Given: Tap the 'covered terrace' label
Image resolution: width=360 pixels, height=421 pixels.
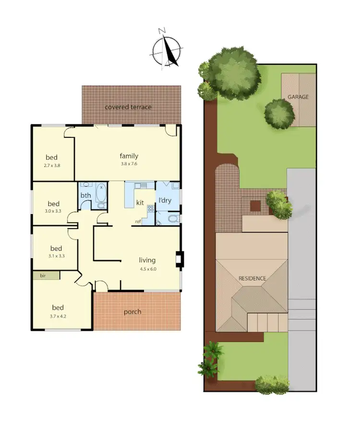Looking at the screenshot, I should [x=128, y=107].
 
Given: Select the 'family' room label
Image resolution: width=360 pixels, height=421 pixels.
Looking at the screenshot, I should [x=129, y=156].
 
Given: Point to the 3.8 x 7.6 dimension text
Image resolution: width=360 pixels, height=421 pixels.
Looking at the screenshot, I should [x=129, y=164].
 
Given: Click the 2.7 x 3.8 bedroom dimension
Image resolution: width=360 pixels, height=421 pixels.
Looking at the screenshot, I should [x=52, y=165].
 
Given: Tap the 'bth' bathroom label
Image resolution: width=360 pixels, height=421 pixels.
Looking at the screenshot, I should [x=85, y=195].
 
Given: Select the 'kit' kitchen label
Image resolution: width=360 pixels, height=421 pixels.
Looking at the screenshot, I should [x=140, y=203].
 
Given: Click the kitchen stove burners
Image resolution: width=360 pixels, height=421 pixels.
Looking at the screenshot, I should [x=150, y=209].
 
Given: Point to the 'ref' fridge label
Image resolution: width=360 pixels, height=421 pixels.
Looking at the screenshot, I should [x=138, y=221].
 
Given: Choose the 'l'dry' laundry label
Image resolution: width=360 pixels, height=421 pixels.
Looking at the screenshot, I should [x=165, y=200].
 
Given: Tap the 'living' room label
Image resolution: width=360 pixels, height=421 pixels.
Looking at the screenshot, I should [x=147, y=260].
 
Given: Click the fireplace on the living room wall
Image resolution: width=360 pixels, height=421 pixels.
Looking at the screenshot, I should [x=179, y=259].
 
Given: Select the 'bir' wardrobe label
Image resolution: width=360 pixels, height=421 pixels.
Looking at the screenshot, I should [x=43, y=276].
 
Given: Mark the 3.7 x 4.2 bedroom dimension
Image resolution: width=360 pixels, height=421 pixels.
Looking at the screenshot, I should [x=58, y=316].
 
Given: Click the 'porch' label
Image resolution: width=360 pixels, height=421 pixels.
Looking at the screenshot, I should [x=132, y=312].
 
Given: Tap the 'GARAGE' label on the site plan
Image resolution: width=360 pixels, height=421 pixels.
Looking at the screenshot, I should [x=298, y=97].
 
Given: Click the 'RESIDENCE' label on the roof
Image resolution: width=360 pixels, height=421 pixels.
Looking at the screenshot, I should [x=252, y=278].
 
